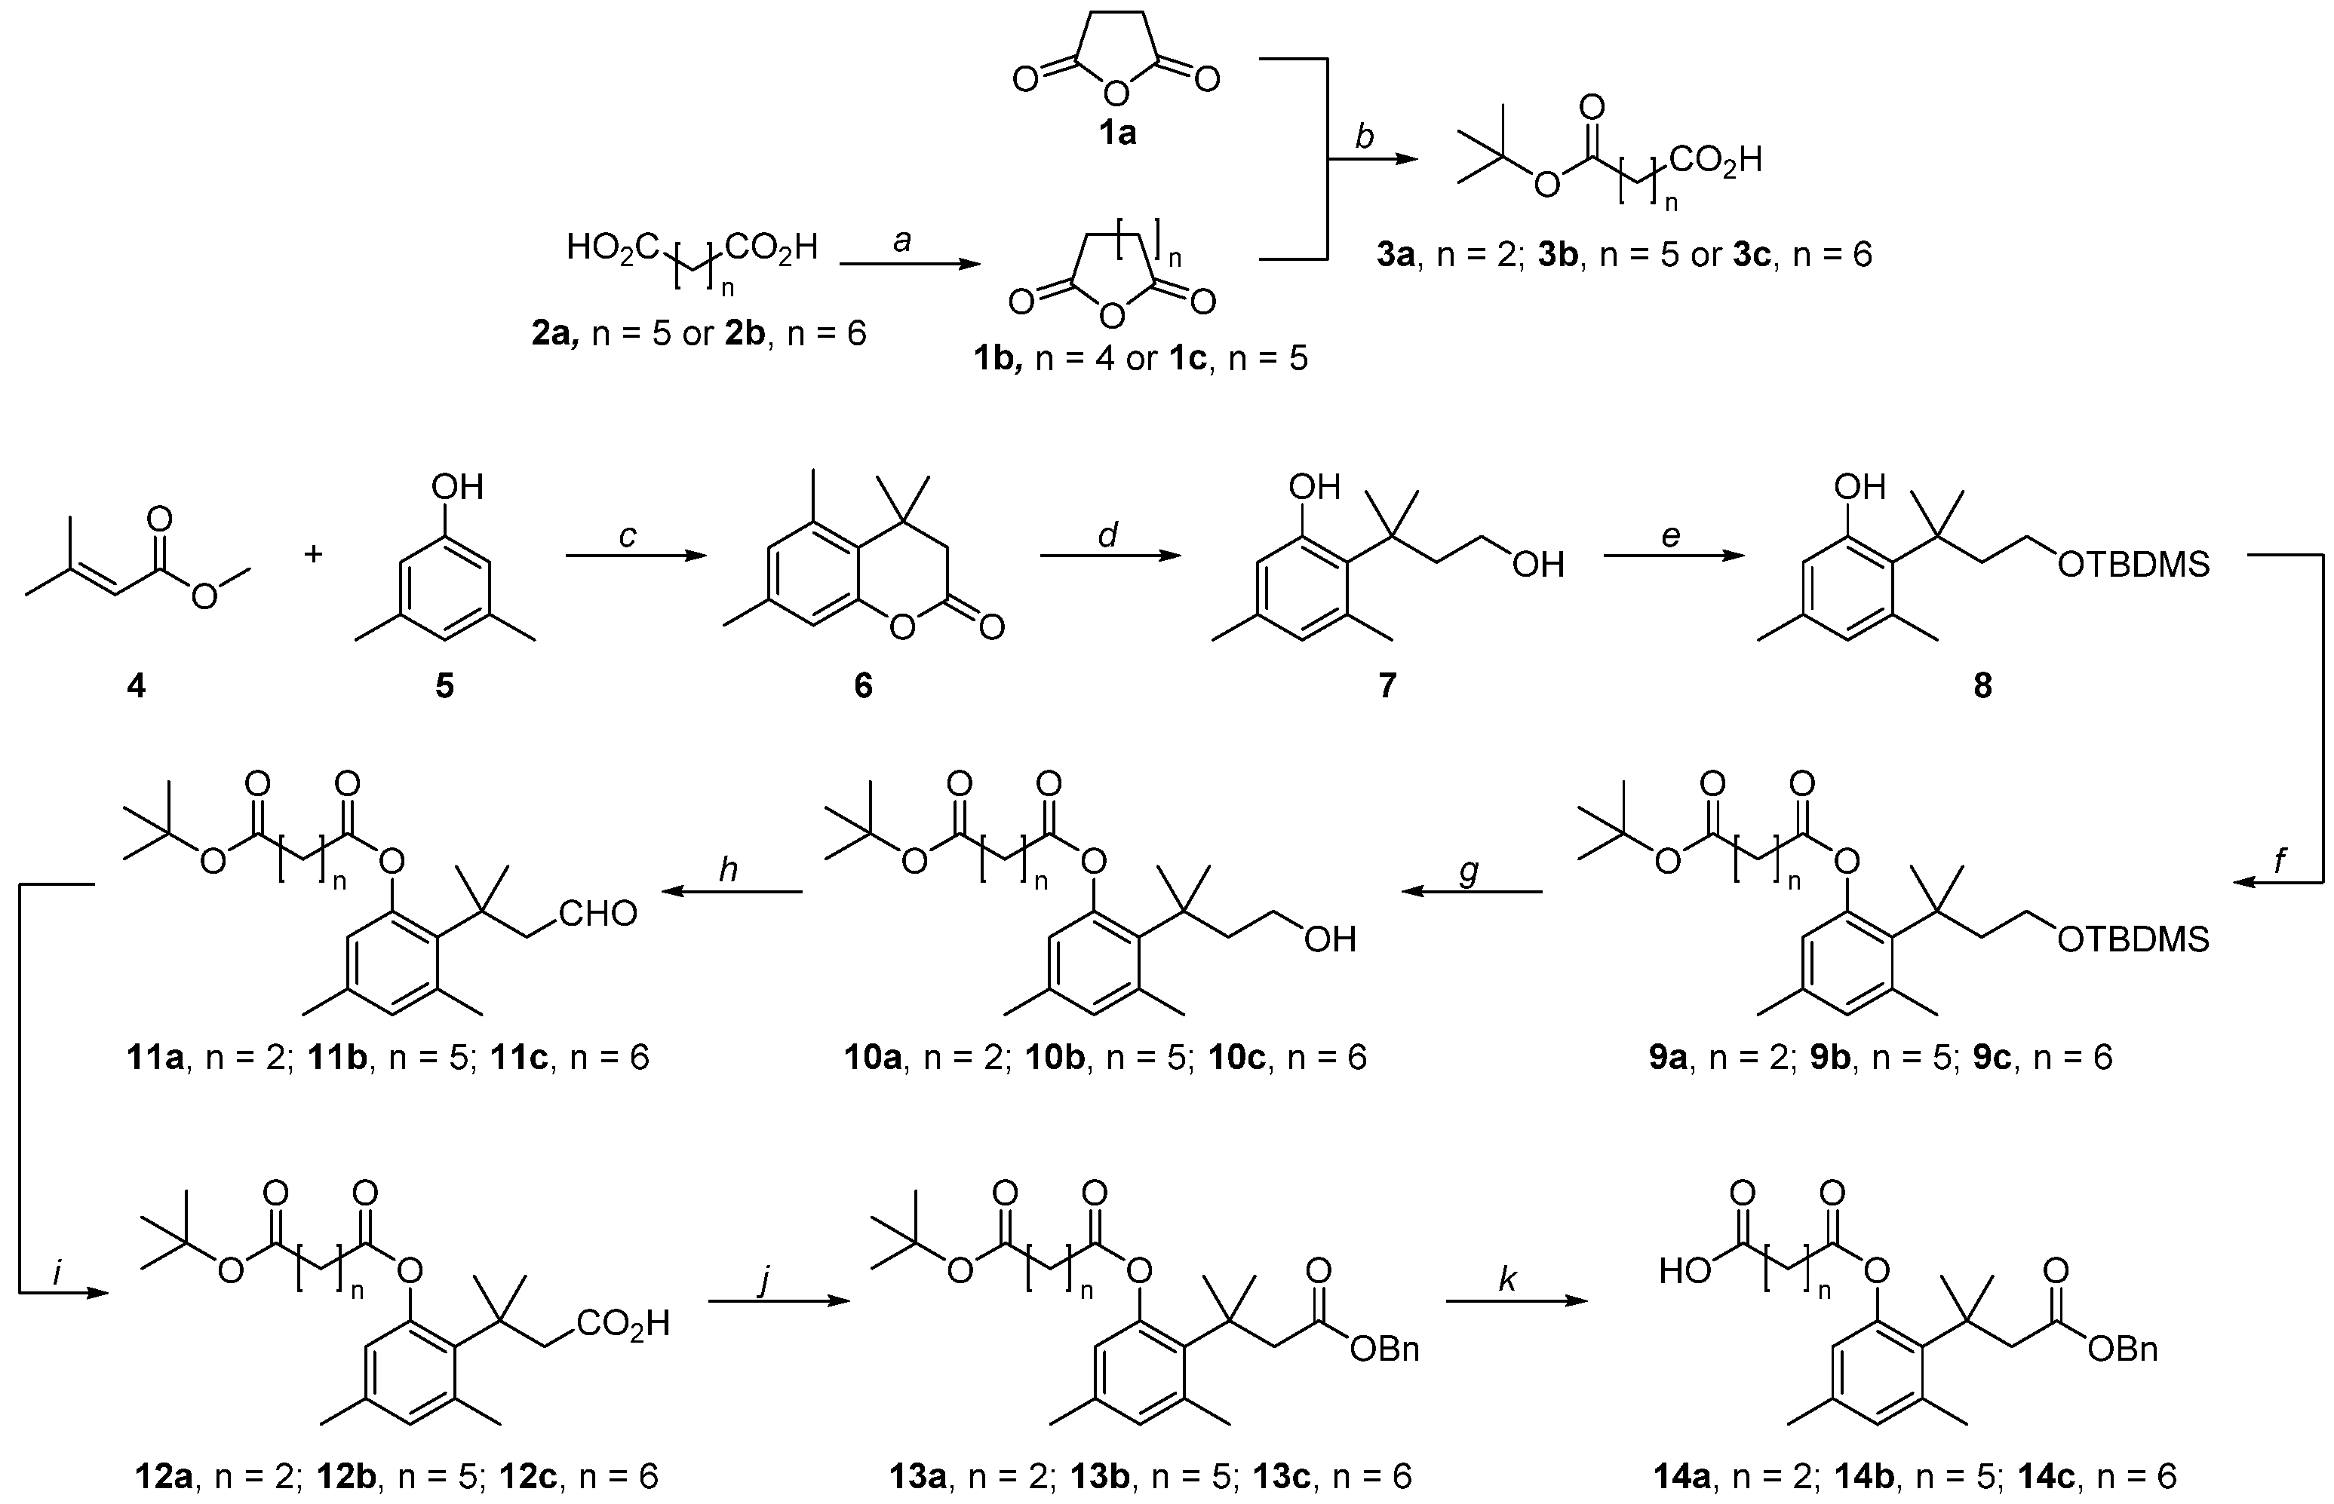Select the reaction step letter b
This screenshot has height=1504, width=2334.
pyautogui.click(x=1364, y=136)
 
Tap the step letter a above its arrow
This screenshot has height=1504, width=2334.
pyautogui.click(x=901, y=240)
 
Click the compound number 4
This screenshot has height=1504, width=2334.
pyautogui.click(x=136, y=687)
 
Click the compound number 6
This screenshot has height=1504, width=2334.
pyautogui.click(x=863, y=687)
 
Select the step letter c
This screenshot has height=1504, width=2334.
pyautogui.click(x=627, y=535)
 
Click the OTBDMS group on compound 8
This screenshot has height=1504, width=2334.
pyautogui.click(x=2133, y=565)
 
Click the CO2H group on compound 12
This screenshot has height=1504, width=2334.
pyautogui.click(x=622, y=1325)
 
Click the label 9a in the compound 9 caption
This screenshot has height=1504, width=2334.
pyautogui.click(x=1668, y=1058)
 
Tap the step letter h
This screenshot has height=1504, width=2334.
pyautogui.click(x=728, y=869)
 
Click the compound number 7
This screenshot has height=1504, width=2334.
pyautogui.click(x=1387, y=687)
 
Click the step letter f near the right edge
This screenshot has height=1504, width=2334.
pyautogui.click(x=2280, y=860)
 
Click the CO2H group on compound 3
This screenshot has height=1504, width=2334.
pyautogui.click(x=1715, y=159)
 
